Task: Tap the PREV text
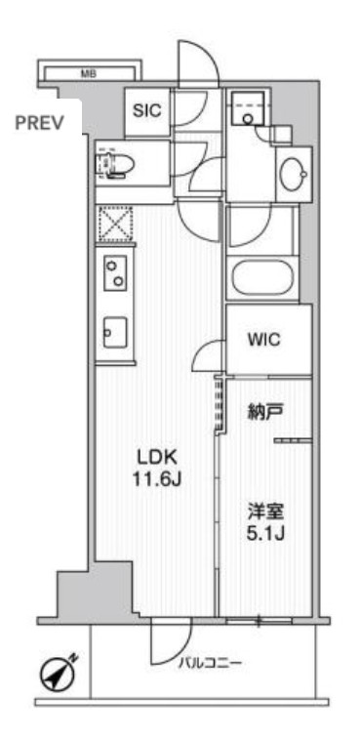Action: click(x=39, y=123)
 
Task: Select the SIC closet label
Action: click(x=148, y=111)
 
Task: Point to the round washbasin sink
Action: click(x=292, y=176)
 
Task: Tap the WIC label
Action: click(x=263, y=341)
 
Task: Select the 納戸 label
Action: click(x=263, y=412)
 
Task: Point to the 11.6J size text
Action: click(x=153, y=479)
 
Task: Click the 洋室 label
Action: click(x=263, y=511)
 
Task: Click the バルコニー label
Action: click(x=210, y=664)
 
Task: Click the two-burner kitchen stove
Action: click(x=115, y=271)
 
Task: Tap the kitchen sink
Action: click(x=114, y=332)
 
